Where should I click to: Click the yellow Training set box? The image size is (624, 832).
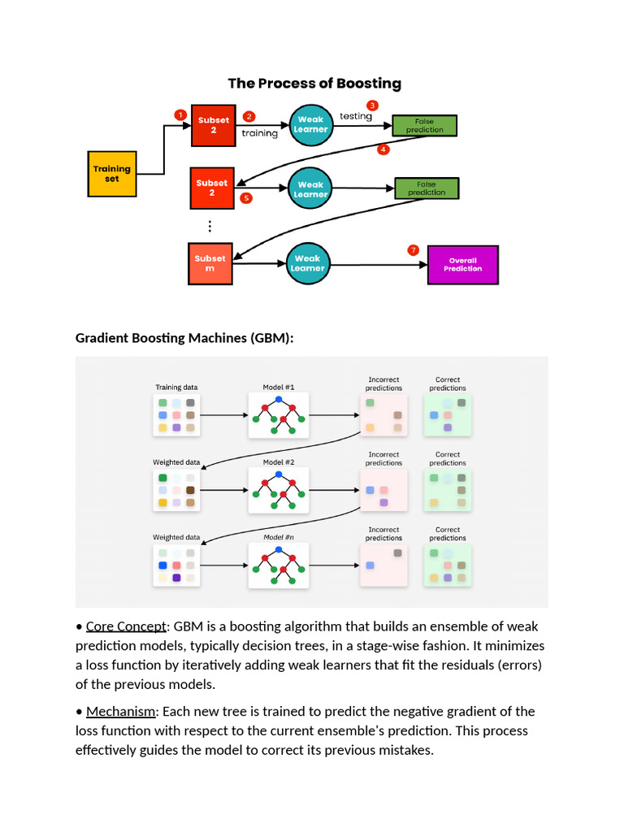111,174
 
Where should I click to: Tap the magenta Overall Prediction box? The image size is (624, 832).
462,265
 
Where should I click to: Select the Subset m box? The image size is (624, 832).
210,263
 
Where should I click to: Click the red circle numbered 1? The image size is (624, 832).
180,115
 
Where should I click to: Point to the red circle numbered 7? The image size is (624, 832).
414,250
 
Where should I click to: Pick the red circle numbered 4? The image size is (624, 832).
383,149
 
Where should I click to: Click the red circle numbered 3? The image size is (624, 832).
372,105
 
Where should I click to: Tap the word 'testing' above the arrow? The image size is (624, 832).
355,116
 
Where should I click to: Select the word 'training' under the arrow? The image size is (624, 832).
259,133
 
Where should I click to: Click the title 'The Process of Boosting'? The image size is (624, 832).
314,83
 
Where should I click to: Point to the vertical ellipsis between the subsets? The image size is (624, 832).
210,227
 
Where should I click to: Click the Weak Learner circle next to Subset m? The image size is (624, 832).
308,263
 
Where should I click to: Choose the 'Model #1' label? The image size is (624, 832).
279,387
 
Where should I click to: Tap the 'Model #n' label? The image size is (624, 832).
279,537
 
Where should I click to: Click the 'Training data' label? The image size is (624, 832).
176,387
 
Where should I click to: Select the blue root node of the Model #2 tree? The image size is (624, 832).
279,474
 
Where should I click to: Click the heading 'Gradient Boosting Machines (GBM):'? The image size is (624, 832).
184,337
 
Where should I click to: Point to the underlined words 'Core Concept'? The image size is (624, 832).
126,626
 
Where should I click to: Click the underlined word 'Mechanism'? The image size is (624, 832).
120,711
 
